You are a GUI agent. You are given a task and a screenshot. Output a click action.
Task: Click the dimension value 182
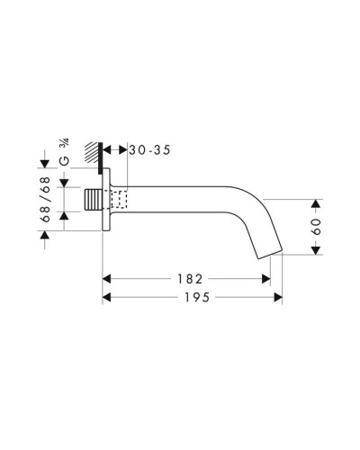(187, 280)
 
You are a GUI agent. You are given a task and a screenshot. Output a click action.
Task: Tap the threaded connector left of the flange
(94, 200)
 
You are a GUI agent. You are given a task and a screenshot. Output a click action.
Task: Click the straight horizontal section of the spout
(180, 198)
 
